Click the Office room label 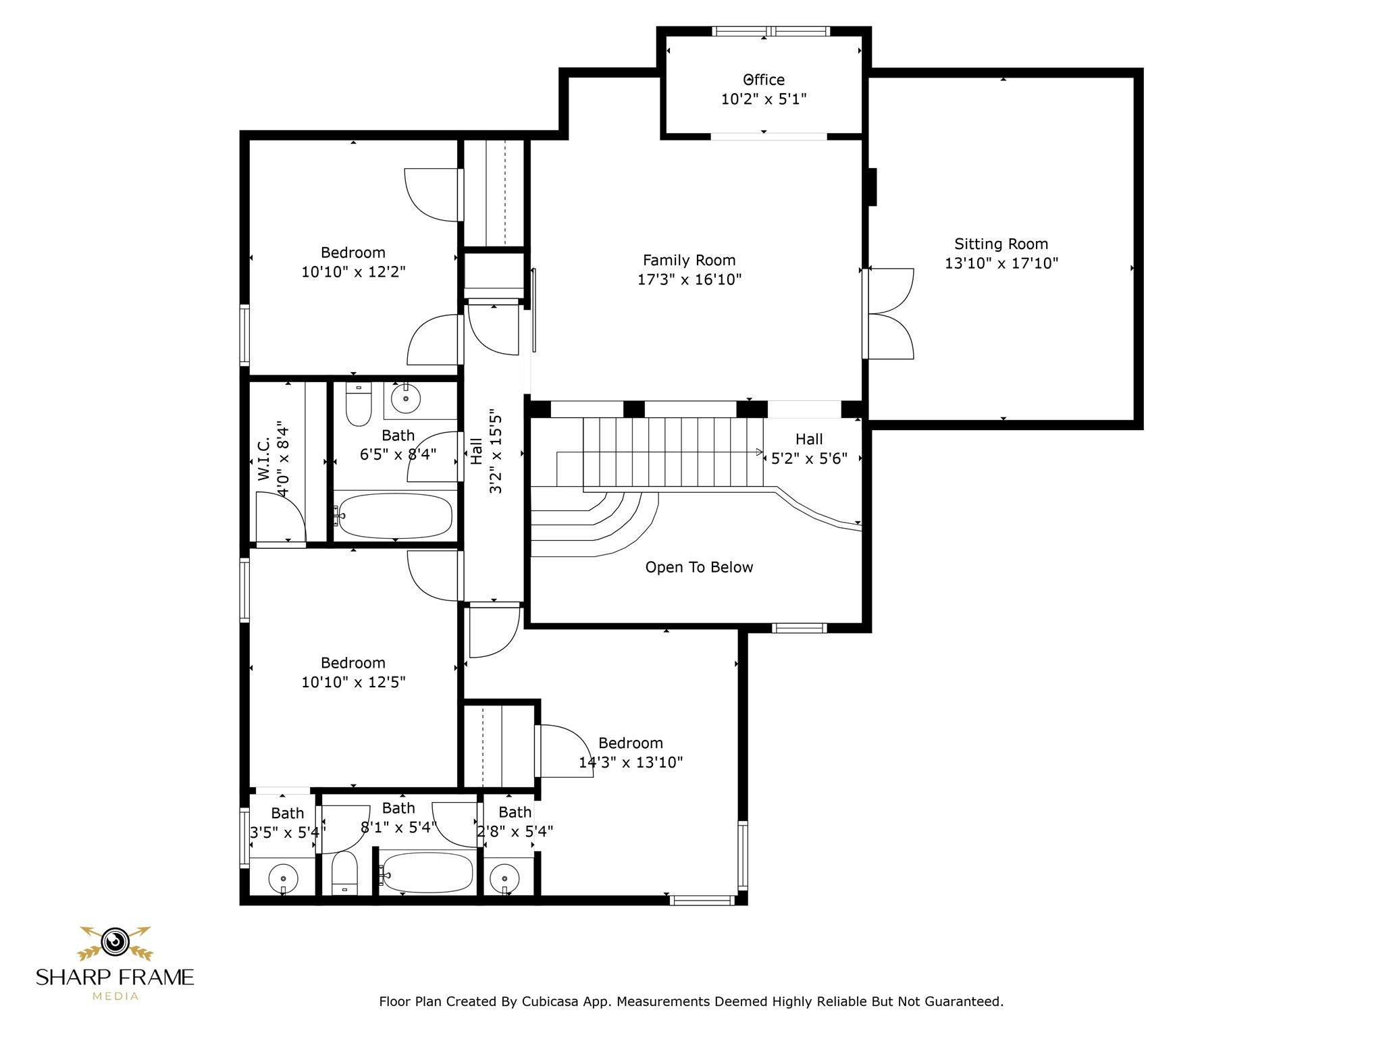pyautogui.click(x=764, y=80)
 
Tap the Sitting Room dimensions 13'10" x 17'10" pyautogui.click(x=1001, y=263)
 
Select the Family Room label pyautogui.click(x=689, y=260)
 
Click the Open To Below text pyautogui.click(x=699, y=567)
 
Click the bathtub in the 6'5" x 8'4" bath pyautogui.click(x=394, y=516)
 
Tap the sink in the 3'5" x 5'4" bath pyautogui.click(x=283, y=879)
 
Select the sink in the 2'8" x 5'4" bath pyautogui.click(x=504, y=879)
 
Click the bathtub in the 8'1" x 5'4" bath pyautogui.click(x=426, y=872)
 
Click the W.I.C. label pyautogui.click(x=264, y=459)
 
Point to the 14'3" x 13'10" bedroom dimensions pyautogui.click(x=631, y=762)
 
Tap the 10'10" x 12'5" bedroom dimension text pyautogui.click(x=353, y=682)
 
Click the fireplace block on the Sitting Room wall pyautogui.click(x=872, y=186)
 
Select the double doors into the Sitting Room pyautogui.click(x=889, y=314)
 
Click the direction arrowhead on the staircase pyautogui.click(x=759, y=452)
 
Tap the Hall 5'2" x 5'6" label pyautogui.click(x=809, y=449)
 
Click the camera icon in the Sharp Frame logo pyautogui.click(x=115, y=941)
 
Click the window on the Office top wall pyautogui.click(x=771, y=31)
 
